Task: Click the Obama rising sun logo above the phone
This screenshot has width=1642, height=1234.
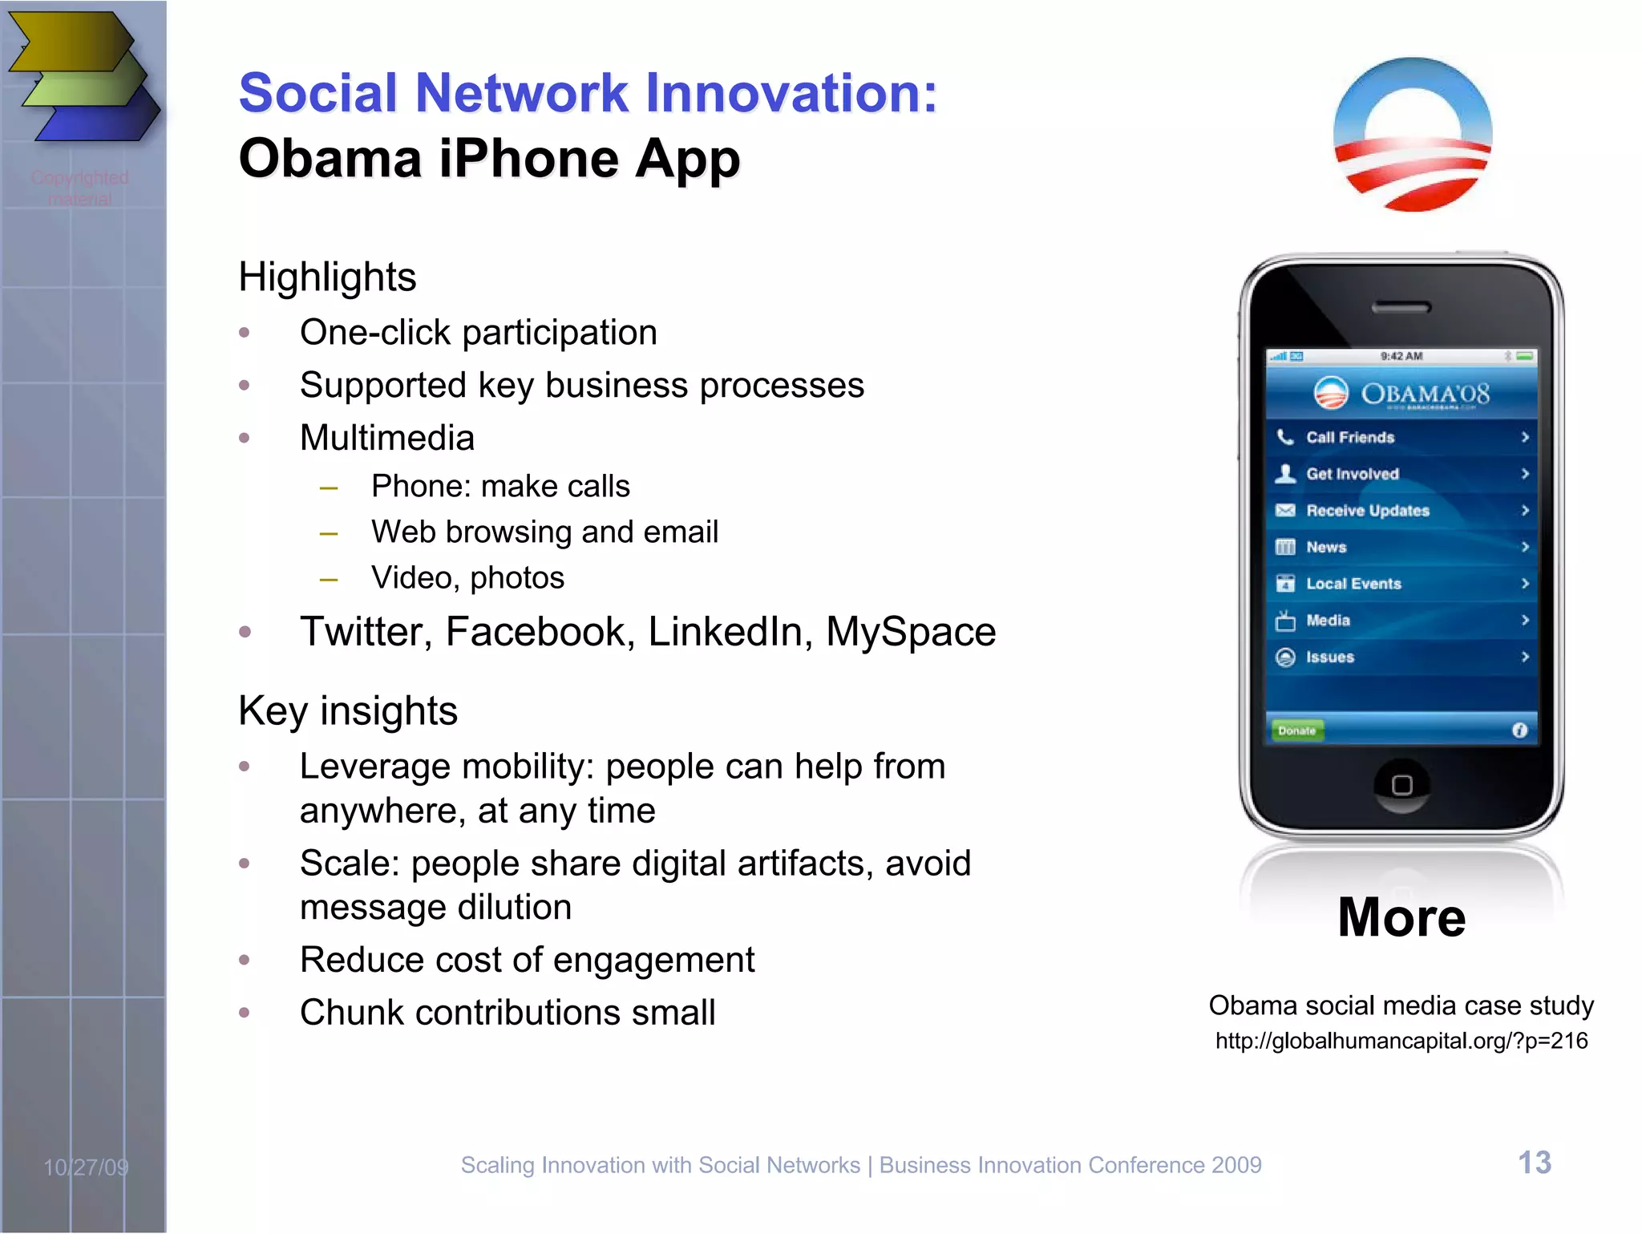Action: [x=1412, y=135]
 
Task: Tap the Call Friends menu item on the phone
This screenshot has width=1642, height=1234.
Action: [x=1401, y=437]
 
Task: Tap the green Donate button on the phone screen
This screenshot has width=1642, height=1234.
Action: [x=1296, y=730]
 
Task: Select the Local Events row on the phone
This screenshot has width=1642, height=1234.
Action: [x=1401, y=584]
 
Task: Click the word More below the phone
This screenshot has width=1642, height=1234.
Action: [x=1401, y=917]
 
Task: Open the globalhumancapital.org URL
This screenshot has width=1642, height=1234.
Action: [x=1401, y=1041]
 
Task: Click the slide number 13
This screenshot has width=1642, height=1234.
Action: [x=1534, y=1163]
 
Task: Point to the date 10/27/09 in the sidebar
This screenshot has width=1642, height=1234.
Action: [x=86, y=1167]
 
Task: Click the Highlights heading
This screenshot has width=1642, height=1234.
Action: [x=327, y=277]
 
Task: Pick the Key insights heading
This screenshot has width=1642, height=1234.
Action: [x=348, y=711]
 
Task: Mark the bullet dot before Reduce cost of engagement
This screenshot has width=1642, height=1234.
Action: [x=245, y=960]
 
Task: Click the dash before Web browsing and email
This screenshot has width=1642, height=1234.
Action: [x=328, y=533]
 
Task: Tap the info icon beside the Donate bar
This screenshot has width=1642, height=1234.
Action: [x=1519, y=730]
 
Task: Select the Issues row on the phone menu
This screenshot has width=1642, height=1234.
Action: [x=1401, y=657]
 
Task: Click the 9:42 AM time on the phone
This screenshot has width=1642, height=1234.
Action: [x=1401, y=356]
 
